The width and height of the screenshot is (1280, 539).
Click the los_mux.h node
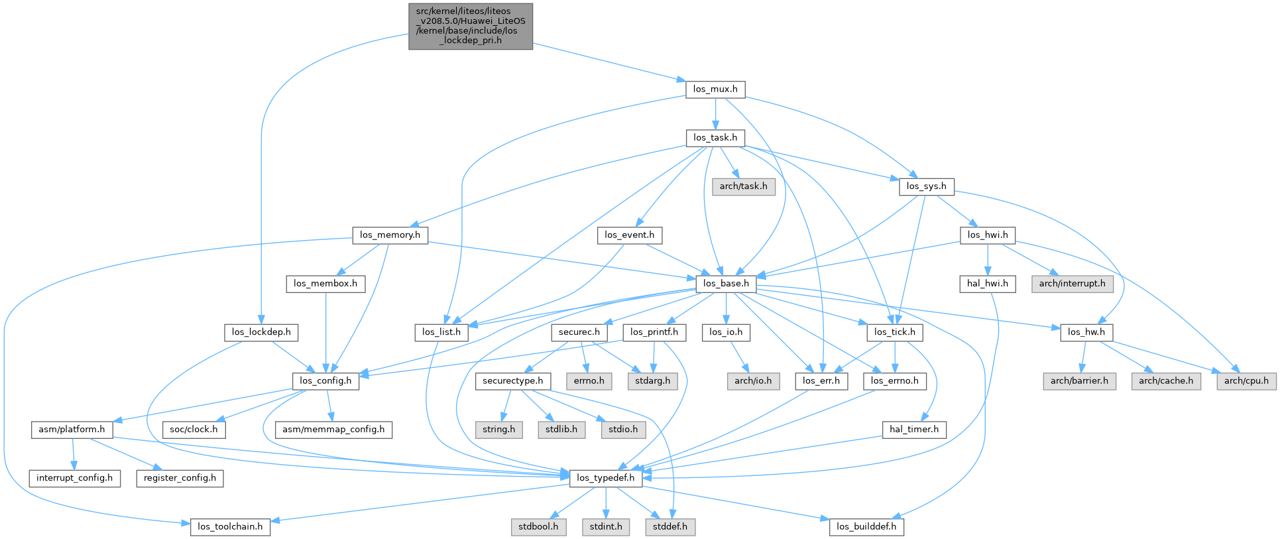pyautogui.click(x=715, y=89)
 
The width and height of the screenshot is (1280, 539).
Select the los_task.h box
pyautogui.click(x=715, y=138)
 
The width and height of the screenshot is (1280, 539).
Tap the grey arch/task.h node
pyautogui.click(x=743, y=186)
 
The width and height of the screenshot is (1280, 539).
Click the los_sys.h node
pyautogui.click(x=926, y=186)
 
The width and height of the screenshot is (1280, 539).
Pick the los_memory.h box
pyautogui.click(x=390, y=235)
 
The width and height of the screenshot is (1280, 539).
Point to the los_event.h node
pyautogui.click(x=629, y=235)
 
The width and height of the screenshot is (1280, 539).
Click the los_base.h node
pyautogui.click(x=726, y=283)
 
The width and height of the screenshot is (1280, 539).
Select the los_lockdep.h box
pyautogui.click(x=261, y=332)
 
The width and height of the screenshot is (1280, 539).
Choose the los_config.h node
pyautogui.click(x=325, y=381)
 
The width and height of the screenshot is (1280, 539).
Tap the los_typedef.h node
pyautogui.click(x=605, y=477)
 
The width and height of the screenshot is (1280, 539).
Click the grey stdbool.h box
pyautogui.click(x=538, y=526)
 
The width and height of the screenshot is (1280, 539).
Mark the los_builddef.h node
pyautogui.click(x=866, y=526)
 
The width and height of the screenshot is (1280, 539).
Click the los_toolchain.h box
pyautogui.click(x=230, y=526)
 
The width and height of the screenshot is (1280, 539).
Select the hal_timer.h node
pyautogui.click(x=914, y=429)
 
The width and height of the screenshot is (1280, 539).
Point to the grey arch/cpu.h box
pyautogui.click(x=1246, y=381)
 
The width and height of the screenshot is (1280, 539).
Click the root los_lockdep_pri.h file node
pyautogui.click(x=471, y=26)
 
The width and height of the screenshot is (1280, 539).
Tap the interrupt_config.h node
pyautogui.click(x=74, y=477)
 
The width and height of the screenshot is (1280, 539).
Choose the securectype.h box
pyautogui.click(x=512, y=381)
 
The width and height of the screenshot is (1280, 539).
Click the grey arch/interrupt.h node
pyautogui.click(x=1072, y=283)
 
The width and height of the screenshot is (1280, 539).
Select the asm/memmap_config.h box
pyautogui.click(x=333, y=429)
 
